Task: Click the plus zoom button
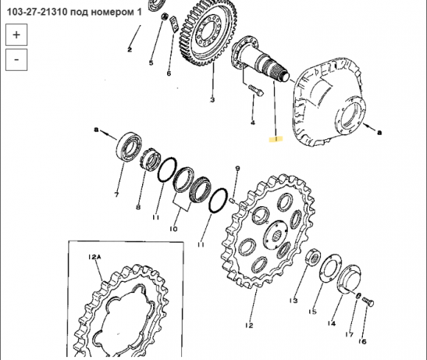pos(16,35)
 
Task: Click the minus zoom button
pos(16,60)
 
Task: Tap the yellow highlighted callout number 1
pos(276,139)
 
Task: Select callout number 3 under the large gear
pos(213,100)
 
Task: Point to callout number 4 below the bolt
pos(253,123)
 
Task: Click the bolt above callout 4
pos(255,90)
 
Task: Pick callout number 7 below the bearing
pos(116,195)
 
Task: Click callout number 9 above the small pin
pos(238,169)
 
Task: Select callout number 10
pos(174,229)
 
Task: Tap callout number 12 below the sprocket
pos(249,325)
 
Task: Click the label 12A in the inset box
pos(94,256)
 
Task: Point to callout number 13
pos(294,300)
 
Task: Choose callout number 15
pos(313,311)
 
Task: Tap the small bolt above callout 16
pos(368,302)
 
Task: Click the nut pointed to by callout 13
pos(313,258)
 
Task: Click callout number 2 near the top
pos(130,49)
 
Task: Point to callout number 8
pos(138,207)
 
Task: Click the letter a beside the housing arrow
pos(379,133)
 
